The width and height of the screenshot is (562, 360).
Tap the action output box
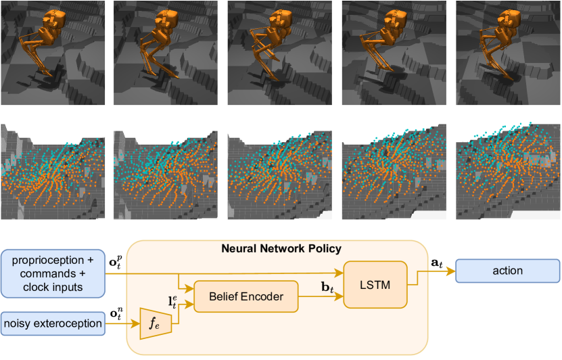point(508,271)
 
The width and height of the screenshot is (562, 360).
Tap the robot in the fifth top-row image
point(491,41)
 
